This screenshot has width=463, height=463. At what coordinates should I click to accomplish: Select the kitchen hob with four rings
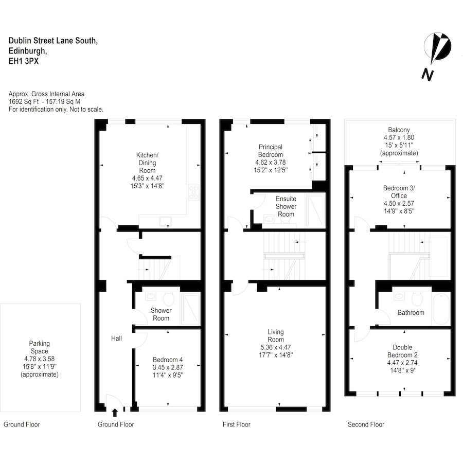click(195, 192)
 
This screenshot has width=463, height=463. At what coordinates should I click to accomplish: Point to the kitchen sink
click(165, 222)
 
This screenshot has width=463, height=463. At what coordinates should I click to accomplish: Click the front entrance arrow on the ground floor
click(115, 412)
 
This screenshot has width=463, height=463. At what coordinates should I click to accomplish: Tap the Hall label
click(116, 339)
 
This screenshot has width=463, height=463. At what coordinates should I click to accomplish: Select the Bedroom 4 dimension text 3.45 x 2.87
click(167, 368)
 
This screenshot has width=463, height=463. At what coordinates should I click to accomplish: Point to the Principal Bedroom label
click(271, 151)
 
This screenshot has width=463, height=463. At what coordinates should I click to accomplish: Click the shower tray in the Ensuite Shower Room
click(315, 210)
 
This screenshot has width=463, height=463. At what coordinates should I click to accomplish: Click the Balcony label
click(399, 130)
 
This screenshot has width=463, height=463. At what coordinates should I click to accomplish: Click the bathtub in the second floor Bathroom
click(441, 309)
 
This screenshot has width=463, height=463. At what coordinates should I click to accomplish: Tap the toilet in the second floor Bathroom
click(417, 298)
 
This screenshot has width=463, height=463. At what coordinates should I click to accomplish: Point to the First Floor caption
click(236, 424)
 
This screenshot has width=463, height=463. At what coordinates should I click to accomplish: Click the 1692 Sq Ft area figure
click(21, 102)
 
